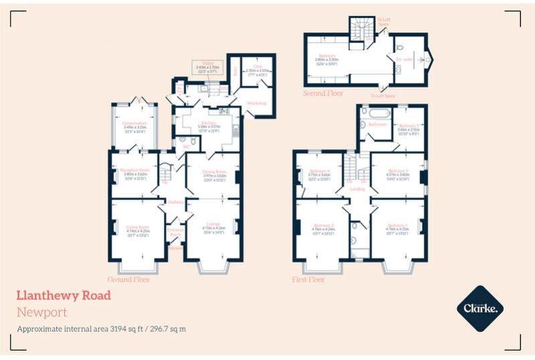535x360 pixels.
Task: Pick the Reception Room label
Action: (x=134, y=171)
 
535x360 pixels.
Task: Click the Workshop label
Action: (x=256, y=103)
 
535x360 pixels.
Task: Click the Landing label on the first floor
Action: (x=357, y=189)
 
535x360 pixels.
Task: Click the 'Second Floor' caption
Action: (x=324, y=93)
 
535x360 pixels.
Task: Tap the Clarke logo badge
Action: (x=479, y=308)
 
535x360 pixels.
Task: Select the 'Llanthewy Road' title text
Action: (x=64, y=295)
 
